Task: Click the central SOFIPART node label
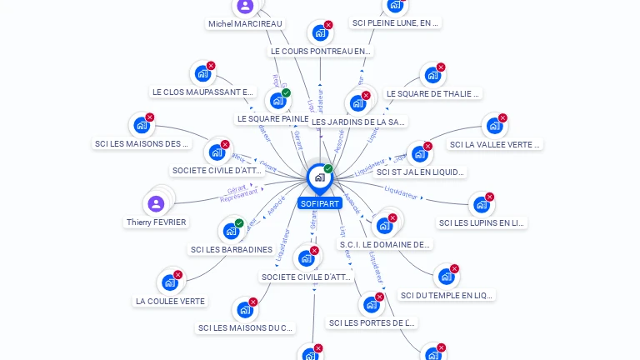click(319, 203)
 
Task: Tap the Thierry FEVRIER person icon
click(156, 203)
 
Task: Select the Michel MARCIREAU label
click(245, 24)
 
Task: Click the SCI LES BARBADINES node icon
click(230, 231)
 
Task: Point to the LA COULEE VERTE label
click(170, 301)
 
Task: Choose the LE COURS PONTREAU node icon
click(319, 33)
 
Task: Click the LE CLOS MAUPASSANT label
click(202, 92)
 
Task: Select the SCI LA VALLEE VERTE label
click(495, 144)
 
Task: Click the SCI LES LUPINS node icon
click(480, 205)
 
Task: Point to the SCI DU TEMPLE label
click(447, 295)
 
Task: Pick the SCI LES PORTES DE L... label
click(372, 322)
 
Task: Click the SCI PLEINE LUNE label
click(395, 23)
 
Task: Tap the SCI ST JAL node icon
click(418, 154)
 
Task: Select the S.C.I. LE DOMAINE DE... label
click(384, 244)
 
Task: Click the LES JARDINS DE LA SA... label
click(358, 122)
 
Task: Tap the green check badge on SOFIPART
click(328, 169)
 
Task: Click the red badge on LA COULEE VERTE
click(177, 275)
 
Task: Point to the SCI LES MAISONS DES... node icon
click(141, 126)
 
